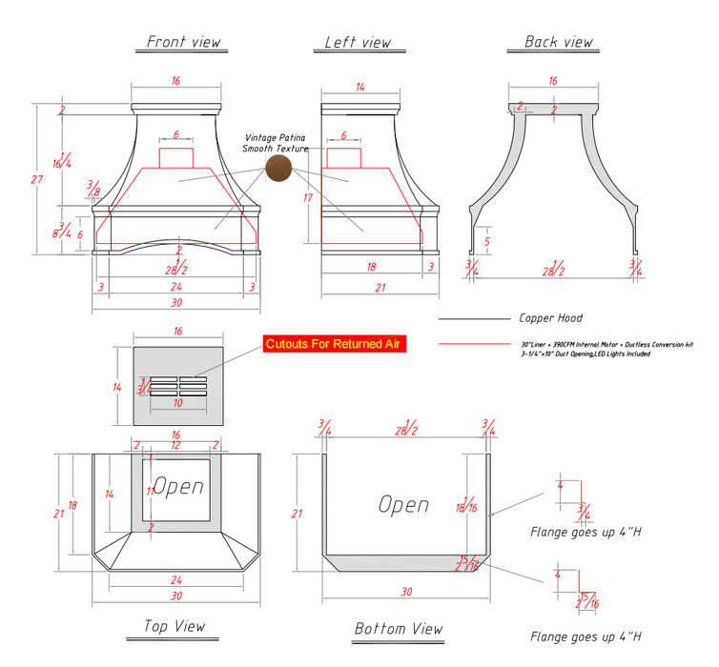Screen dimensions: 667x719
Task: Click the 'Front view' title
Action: click(x=184, y=42)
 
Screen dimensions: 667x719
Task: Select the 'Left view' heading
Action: click(x=358, y=42)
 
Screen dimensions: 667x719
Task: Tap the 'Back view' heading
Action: click(x=558, y=42)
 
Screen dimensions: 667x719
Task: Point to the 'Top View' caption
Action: click(x=175, y=626)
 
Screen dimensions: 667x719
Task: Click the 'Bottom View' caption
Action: click(x=399, y=629)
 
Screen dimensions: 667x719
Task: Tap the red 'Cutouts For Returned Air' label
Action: click(x=335, y=344)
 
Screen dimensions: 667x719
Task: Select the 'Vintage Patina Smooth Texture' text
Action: click(x=275, y=143)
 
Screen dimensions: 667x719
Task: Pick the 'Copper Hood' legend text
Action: click(x=550, y=318)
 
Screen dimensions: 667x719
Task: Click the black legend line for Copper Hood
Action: click(x=474, y=319)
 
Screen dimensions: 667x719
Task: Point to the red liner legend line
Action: click(x=474, y=344)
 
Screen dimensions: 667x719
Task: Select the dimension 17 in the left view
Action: click(x=307, y=197)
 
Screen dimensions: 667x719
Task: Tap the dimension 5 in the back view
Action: click(x=487, y=242)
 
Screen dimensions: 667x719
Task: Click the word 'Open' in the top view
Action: click(x=178, y=487)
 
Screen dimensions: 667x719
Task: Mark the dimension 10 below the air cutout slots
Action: click(x=177, y=403)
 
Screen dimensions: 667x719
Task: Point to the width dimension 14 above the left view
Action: click(x=359, y=87)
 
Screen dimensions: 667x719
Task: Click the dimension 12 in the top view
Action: click(x=175, y=445)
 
